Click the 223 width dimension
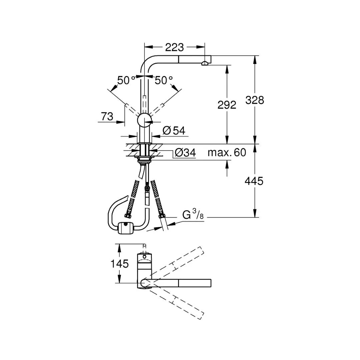coord(174,48)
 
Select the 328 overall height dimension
coord(255,100)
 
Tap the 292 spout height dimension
coord(227,105)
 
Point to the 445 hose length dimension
coord(254,181)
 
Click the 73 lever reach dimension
coord(107,116)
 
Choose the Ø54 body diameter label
coord(174,131)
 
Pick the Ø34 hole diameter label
coord(185,152)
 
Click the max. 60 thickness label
coord(227,152)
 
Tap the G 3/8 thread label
coord(193,215)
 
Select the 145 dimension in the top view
coord(120,264)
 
